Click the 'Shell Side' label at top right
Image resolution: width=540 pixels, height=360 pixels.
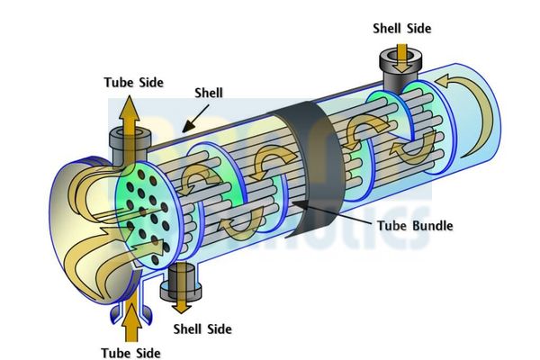(401, 28)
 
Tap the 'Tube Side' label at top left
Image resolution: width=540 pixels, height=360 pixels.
(132, 83)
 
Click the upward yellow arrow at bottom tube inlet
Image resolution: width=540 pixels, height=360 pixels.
(132, 319)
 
